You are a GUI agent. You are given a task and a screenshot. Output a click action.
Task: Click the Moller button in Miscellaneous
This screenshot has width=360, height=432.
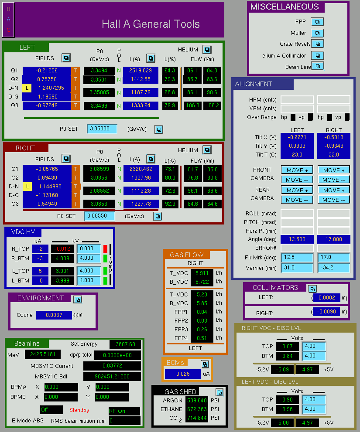[x=317, y=33]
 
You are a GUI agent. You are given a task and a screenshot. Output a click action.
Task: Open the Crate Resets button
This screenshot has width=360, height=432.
[x=318, y=44]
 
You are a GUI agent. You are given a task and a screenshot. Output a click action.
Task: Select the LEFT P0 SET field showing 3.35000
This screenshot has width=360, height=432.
[x=102, y=129]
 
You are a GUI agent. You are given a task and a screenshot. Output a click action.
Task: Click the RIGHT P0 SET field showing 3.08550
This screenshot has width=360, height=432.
[x=99, y=216]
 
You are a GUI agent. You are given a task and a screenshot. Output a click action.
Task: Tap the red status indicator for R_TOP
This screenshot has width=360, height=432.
[x=105, y=248]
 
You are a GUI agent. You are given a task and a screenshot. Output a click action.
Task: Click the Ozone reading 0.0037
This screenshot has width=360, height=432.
[x=54, y=315]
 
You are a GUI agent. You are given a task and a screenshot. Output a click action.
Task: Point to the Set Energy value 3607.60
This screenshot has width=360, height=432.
[x=125, y=344]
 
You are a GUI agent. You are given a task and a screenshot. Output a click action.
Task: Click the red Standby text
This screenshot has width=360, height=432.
[x=79, y=410]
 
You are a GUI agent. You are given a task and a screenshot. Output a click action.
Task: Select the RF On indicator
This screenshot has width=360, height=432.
[x=124, y=411]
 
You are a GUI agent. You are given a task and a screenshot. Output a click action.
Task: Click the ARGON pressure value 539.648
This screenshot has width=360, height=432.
[x=197, y=400]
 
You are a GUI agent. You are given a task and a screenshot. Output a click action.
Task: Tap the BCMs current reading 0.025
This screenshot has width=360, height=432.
[x=183, y=374]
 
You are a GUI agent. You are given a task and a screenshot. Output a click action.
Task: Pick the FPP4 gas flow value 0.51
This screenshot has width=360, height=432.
[x=202, y=338]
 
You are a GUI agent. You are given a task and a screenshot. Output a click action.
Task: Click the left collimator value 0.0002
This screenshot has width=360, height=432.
[x=327, y=298]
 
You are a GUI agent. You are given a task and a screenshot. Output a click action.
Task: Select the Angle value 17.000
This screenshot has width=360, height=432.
[x=334, y=239]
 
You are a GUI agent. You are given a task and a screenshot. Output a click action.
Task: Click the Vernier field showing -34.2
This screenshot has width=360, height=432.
[x=334, y=268]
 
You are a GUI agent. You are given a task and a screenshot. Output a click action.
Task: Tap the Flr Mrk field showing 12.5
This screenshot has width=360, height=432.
[x=297, y=257]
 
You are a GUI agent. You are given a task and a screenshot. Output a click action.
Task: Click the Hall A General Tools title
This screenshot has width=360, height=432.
[x=151, y=24]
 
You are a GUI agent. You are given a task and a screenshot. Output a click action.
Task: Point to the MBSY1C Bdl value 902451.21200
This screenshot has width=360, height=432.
[x=112, y=377]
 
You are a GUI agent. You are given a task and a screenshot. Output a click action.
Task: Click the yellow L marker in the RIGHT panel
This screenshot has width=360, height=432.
[x=27, y=187]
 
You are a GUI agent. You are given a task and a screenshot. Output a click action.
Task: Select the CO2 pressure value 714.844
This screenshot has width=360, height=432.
[x=197, y=418]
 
